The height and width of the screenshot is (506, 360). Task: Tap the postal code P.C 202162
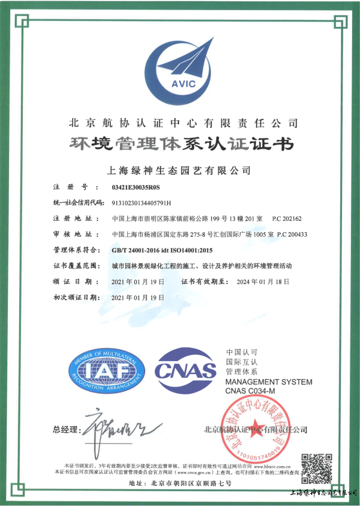click(x=287, y=218)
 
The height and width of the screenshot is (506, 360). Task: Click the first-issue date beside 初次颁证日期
click(x=137, y=297)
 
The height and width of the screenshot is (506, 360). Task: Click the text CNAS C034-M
click(x=250, y=390)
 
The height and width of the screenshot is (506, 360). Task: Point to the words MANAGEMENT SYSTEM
click(x=269, y=381)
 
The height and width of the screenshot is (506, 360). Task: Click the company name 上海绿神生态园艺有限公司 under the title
click(x=180, y=169)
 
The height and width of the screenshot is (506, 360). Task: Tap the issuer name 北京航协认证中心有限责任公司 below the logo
click(x=180, y=124)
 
